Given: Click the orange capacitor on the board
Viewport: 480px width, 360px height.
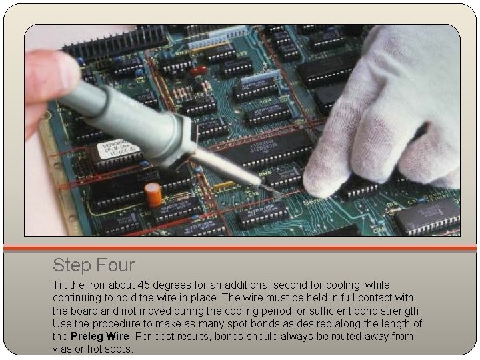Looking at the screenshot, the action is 153,195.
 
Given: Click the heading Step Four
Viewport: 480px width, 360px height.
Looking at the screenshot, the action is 94,265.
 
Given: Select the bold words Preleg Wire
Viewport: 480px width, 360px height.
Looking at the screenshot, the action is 100,336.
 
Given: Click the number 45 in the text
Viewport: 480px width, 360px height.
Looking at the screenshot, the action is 143,285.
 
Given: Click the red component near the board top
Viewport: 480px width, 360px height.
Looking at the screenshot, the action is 199,71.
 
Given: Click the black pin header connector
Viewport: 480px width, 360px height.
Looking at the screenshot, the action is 115,41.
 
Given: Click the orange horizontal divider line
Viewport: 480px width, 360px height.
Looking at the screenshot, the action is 240,248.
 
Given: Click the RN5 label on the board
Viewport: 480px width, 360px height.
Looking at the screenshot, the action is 265,173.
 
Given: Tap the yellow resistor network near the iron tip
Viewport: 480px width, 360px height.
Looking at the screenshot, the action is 225,185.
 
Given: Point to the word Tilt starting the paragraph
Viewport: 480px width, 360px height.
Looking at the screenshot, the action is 60,285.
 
